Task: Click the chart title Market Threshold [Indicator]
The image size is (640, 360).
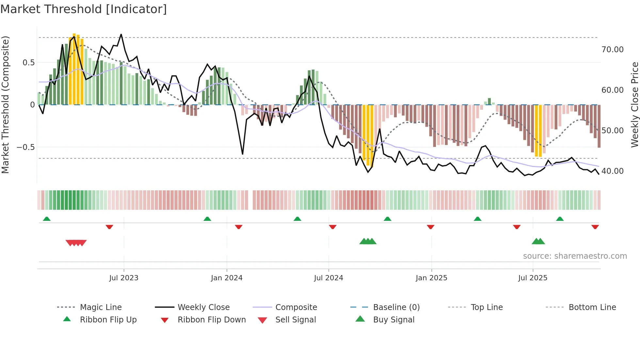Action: coord(84,9)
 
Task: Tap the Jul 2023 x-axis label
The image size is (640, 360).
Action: coord(124,278)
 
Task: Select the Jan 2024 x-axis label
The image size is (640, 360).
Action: coord(227,278)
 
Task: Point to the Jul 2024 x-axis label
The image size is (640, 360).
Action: coord(328,278)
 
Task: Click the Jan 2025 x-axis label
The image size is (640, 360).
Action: coord(431,278)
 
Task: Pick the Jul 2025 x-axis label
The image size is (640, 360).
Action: coord(533,278)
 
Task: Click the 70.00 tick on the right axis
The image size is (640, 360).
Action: coord(612,50)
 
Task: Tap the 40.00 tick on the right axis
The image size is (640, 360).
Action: coord(612,171)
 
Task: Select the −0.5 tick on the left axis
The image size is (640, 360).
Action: coord(25,147)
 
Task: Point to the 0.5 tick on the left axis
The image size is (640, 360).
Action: coord(28,63)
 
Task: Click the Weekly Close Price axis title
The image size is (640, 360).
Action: coord(634,105)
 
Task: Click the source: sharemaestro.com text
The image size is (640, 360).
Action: coord(575,256)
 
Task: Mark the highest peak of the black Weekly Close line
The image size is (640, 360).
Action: coord(121,34)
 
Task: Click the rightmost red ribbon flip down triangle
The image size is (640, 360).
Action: coord(595,227)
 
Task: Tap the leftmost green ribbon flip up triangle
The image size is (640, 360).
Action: coord(47,219)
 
